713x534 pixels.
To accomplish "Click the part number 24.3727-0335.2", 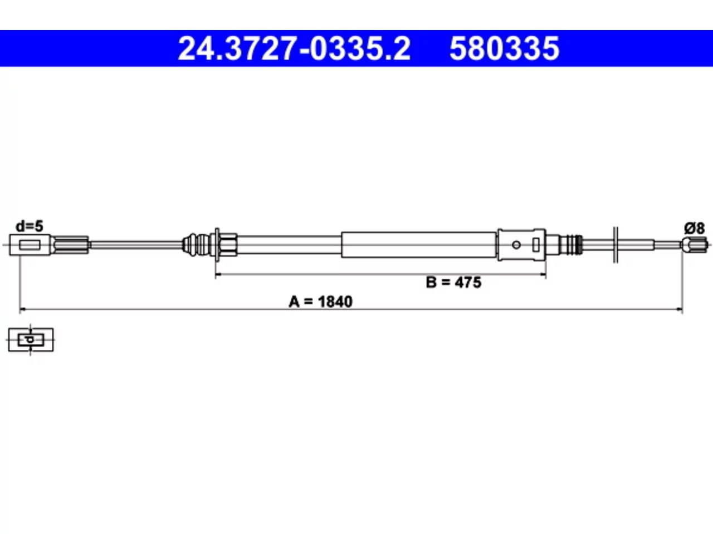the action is pos(294,48).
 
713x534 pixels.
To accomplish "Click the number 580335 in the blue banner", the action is pos(505,48).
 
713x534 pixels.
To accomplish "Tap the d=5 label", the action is pos(29,226).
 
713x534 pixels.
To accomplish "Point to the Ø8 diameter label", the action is pos(695,228).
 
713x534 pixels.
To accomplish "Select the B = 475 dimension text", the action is pos(453,283).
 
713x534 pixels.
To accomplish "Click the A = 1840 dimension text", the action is pos(321,301).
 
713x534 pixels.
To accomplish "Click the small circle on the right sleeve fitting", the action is pos(516,245).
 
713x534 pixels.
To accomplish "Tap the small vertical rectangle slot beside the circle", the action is pos(536,245).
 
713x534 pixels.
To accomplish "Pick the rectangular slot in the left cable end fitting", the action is pos(30,245).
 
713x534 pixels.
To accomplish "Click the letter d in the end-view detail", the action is pos(30,340).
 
